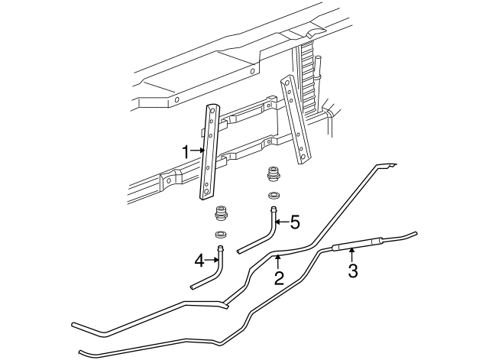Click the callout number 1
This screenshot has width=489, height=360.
pyautogui.click(x=185, y=151)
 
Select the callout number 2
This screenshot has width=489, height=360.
pyautogui.click(x=279, y=278)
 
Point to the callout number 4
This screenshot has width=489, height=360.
pyautogui.click(x=199, y=261)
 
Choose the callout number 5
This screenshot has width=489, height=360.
pyautogui.click(x=293, y=222)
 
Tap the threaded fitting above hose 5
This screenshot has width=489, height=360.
pyautogui.click(x=271, y=174)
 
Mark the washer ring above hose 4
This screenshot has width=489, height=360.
pyautogui.click(x=220, y=233)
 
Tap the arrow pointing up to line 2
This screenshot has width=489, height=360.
pyautogui.click(x=278, y=263)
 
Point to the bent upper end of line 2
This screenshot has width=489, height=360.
pyautogui.click(x=388, y=165)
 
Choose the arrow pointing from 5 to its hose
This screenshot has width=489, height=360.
pyautogui.click(x=280, y=222)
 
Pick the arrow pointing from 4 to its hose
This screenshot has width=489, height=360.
pyautogui.click(x=213, y=261)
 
